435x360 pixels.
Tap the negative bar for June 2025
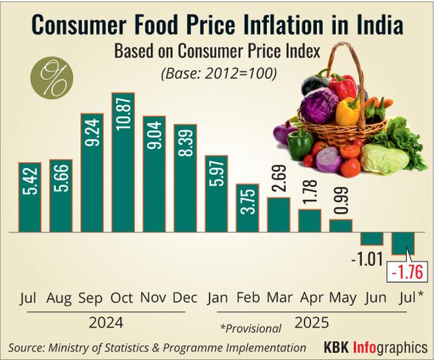point(372,238)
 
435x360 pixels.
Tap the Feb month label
point(247,298)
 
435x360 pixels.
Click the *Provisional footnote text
point(251,328)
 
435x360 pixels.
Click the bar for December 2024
point(184,177)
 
